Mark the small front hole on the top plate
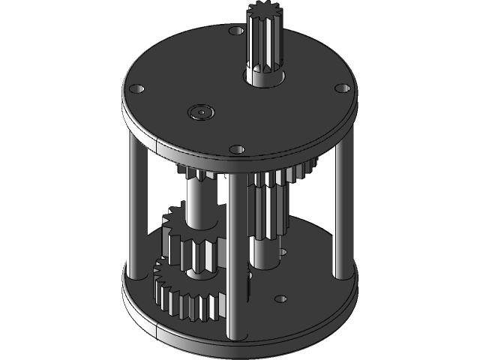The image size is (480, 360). point(237,148)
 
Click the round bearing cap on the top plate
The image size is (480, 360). point(202,112)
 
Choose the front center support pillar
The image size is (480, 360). point(235,255)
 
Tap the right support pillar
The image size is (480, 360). point(338,214)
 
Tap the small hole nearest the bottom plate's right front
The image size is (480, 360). point(280,298)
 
